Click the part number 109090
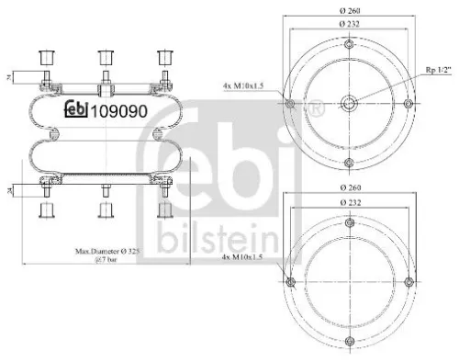(117, 113)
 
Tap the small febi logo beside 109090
(75, 113)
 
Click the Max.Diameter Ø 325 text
(107, 250)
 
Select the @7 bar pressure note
(107, 259)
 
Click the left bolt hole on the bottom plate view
(291, 281)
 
